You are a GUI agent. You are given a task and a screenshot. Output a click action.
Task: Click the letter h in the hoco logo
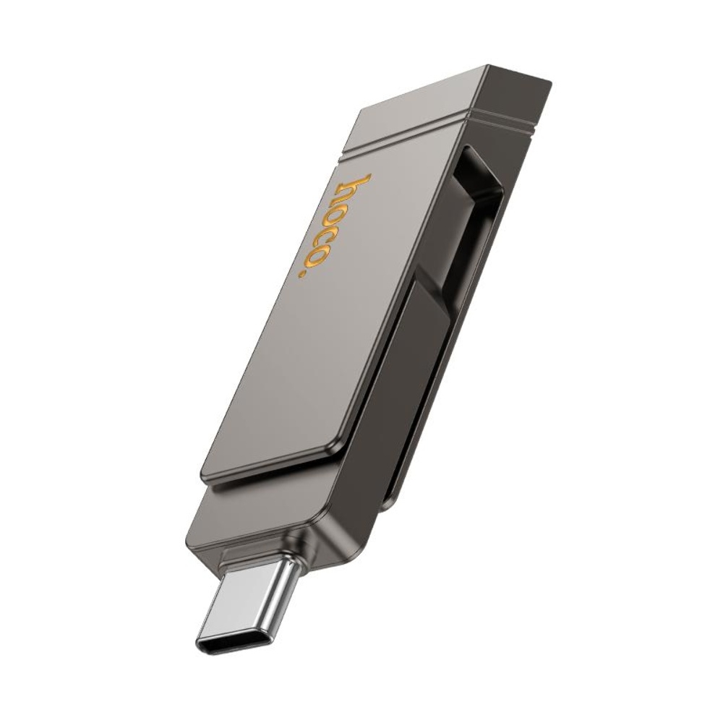click(356, 187)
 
